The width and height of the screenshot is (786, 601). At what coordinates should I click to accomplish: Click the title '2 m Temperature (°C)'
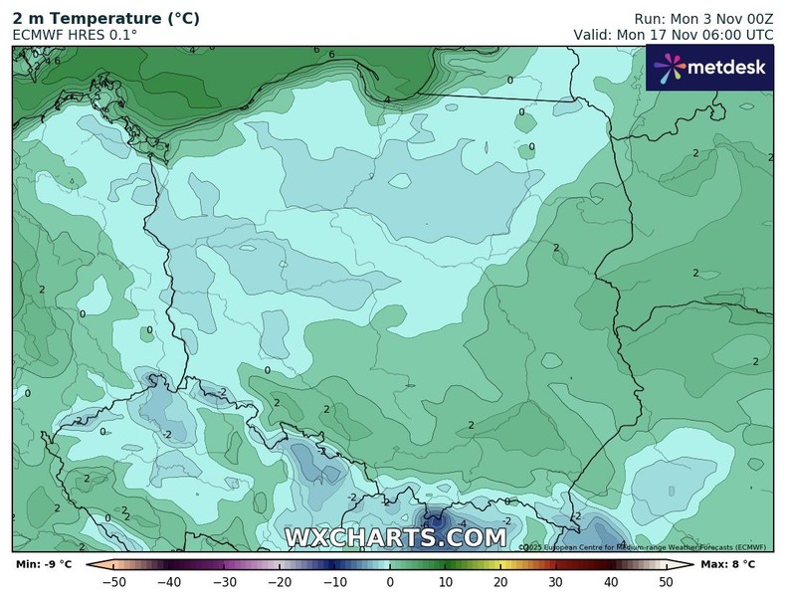pyautogui.click(x=105, y=18)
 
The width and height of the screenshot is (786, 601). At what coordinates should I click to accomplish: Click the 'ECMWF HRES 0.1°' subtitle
pyautogui.click(x=75, y=35)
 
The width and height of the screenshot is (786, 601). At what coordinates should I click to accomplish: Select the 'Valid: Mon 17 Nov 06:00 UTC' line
pyautogui.click(x=673, y=35)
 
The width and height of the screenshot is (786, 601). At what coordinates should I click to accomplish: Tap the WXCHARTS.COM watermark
pyautogui.click(x=396, y=538)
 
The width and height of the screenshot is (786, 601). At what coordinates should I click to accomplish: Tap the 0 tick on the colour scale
pyautogui.click(x=390, y=582)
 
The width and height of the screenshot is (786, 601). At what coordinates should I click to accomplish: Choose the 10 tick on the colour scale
pyautogui.click(x=445, y=582)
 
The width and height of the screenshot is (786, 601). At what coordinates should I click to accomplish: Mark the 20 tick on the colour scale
pyautogui.click(x=500, y=582)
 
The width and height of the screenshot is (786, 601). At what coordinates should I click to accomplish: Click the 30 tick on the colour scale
pyautogui.click(x=555, y=582)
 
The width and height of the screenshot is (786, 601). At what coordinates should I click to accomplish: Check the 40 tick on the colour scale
pyautogui.click(x=611, y=582)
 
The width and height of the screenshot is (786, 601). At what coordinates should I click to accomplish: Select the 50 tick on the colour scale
pyautogui.click(x=666, y=582)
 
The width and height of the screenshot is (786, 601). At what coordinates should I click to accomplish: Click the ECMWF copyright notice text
pyautogui.click(x=642, y=546)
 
